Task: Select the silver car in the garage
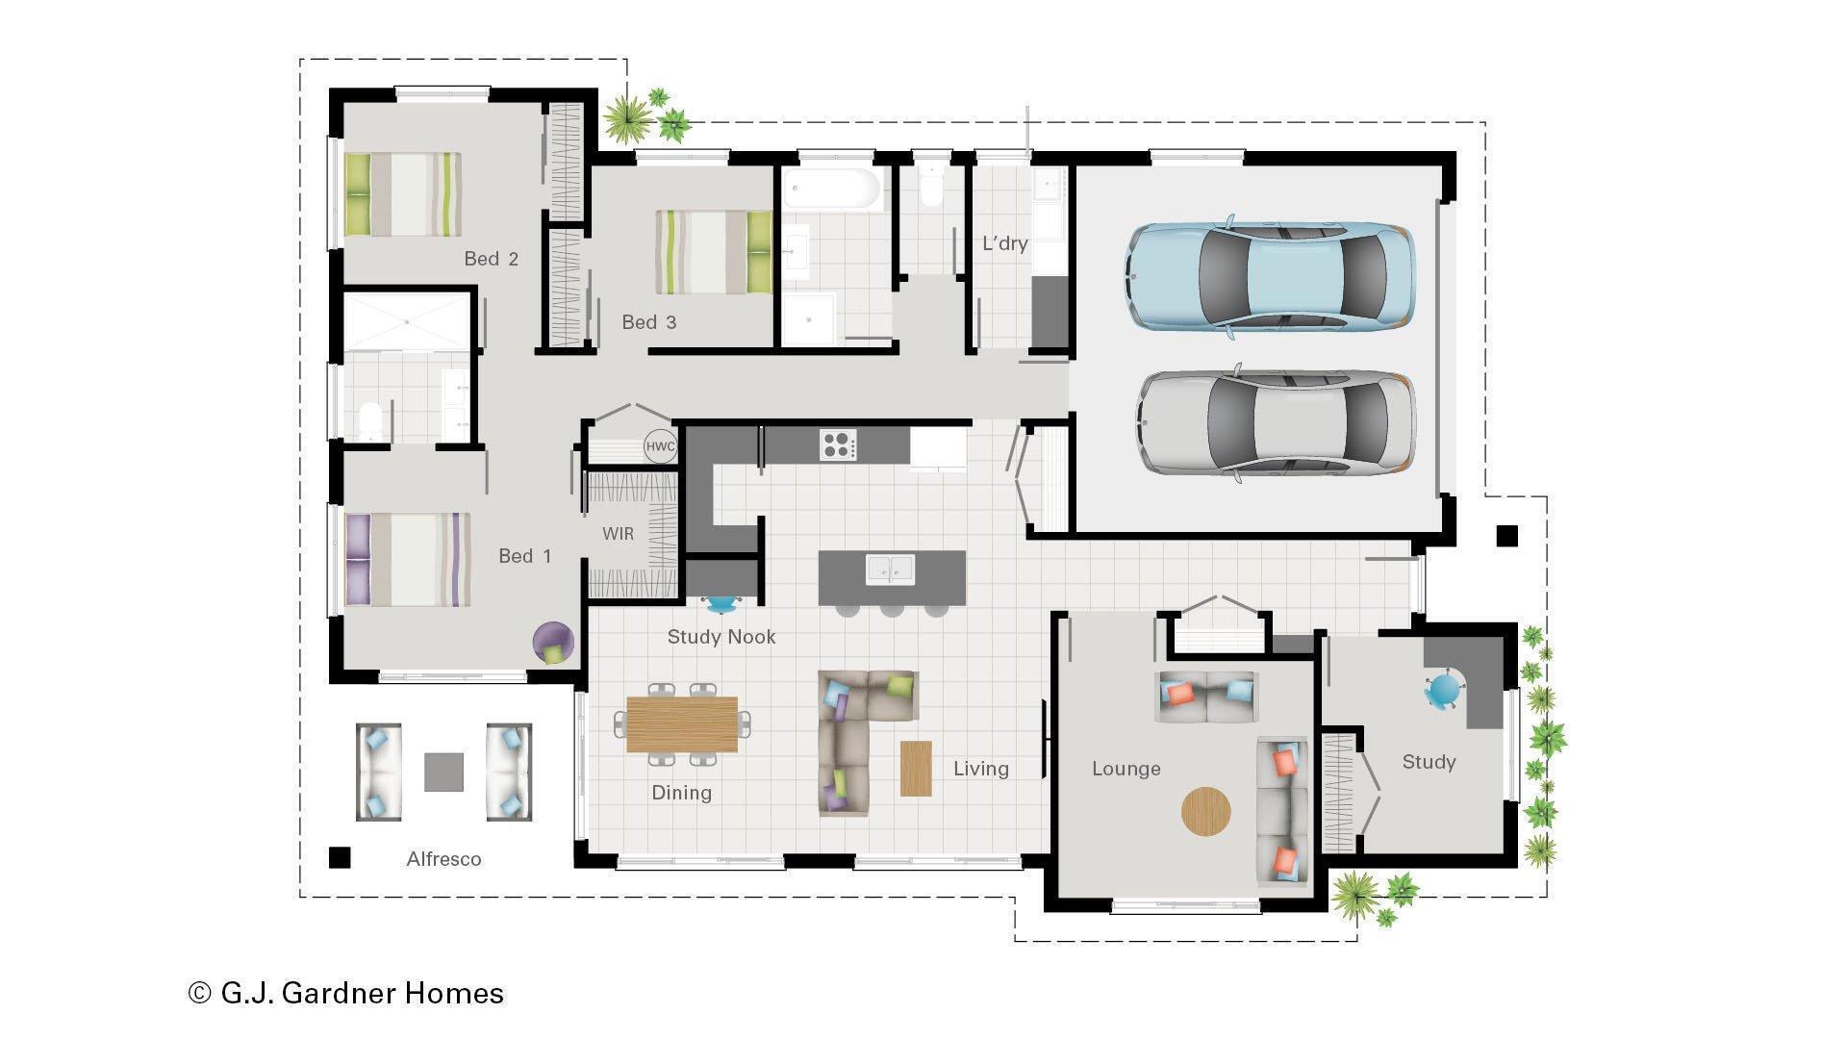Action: (1276, 423)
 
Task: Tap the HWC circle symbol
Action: (660, 446)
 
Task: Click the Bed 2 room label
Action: (491, 259)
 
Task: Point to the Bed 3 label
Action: (648, 322)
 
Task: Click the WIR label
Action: (618, 534)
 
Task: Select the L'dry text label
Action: (1004, 243)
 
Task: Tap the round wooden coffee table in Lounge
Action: (1205, 812)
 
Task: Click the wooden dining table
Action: (682, 724)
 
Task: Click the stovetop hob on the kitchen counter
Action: (838, 444)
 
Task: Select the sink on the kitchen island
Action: (890, 569)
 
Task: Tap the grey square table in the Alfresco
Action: (443, 772)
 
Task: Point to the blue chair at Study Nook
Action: (721, 604)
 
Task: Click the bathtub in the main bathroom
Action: (832, 190)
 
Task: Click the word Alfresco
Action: (443, 859)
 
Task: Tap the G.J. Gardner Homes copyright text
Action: (346, 993)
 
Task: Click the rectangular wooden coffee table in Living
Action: (916, 768)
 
